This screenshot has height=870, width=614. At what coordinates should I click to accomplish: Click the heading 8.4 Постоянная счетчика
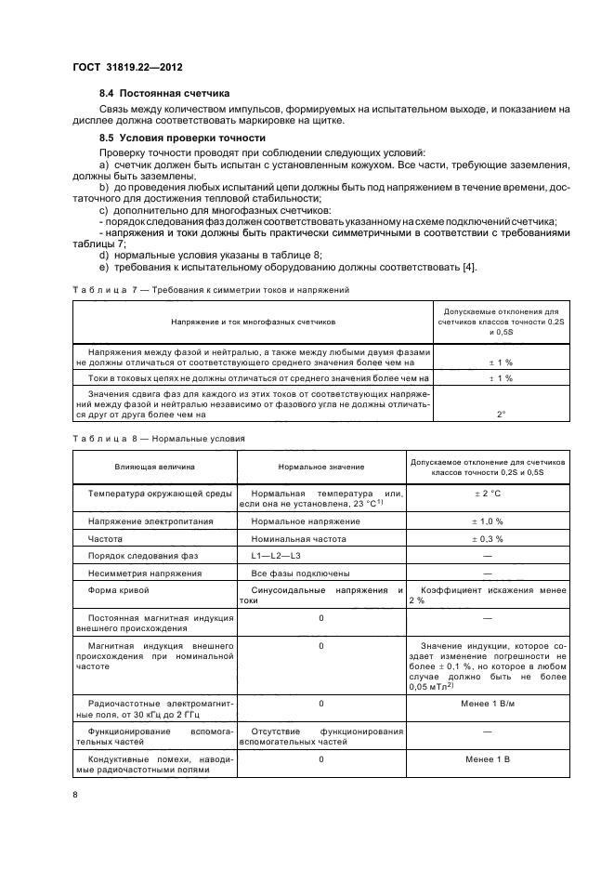click(164, 95)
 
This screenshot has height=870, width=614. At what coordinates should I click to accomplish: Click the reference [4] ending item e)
click(470, 269)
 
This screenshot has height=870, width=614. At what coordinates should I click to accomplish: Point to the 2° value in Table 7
click(501, 414)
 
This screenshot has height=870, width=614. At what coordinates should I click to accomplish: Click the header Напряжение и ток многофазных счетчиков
click(253, 321)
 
